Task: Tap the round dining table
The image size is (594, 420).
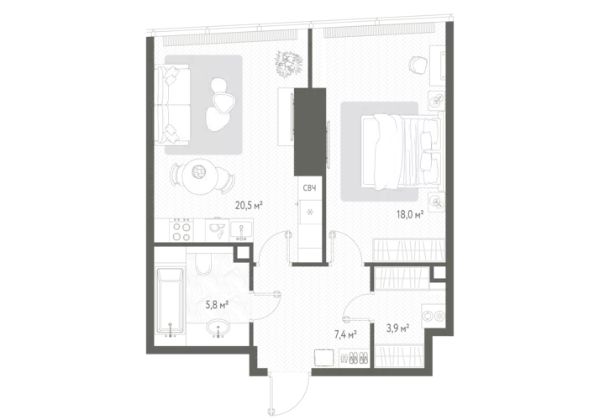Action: pyautogui.click(x=201, y=172)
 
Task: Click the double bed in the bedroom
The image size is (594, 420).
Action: pyautogui.click(x=401, y=151)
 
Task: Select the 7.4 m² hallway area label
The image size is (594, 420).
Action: pyautogui.click(x=344, y=333)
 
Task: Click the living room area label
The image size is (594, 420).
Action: pyautogui.click(x=250, y=204)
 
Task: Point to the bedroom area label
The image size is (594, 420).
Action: pyautogui.click(x=408, y=213)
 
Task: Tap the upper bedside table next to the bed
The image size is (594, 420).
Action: pyautogui.click(x=437, y=100)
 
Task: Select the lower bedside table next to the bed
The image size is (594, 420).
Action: pyautogui.click(x=437, y=202)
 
